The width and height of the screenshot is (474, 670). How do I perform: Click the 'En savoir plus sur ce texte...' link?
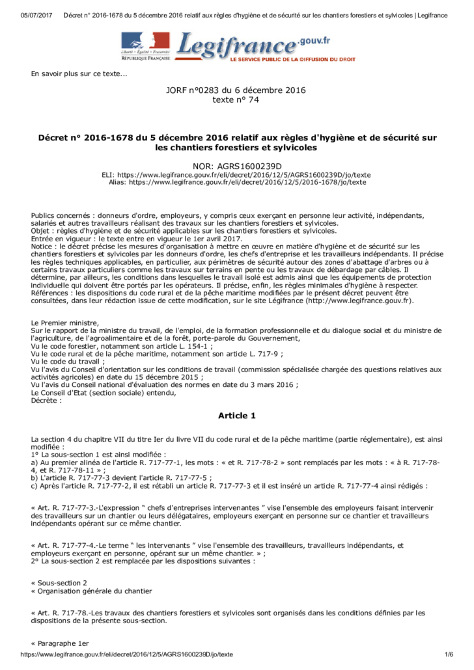[79, 74]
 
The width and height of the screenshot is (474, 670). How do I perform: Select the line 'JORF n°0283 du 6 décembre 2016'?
[236, 90]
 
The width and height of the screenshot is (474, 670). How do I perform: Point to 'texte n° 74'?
[236, 100]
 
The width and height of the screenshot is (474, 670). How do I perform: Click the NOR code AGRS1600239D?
[236, 167]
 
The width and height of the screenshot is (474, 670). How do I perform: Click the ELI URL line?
[236, 175]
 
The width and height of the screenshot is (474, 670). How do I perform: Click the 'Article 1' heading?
[236, 415]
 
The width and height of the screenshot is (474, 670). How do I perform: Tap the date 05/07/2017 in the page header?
[34, 15]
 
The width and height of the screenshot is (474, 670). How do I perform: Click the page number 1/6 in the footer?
[448, 654]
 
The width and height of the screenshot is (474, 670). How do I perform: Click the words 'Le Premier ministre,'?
[65, 323]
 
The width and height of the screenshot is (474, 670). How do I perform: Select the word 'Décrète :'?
[47, 400]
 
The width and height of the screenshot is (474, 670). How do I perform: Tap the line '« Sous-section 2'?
[59, 583]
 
